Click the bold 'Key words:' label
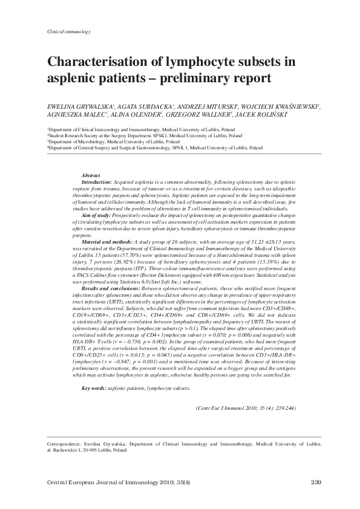(x=94, y=371)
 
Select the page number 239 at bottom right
(x=314, y=482)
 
